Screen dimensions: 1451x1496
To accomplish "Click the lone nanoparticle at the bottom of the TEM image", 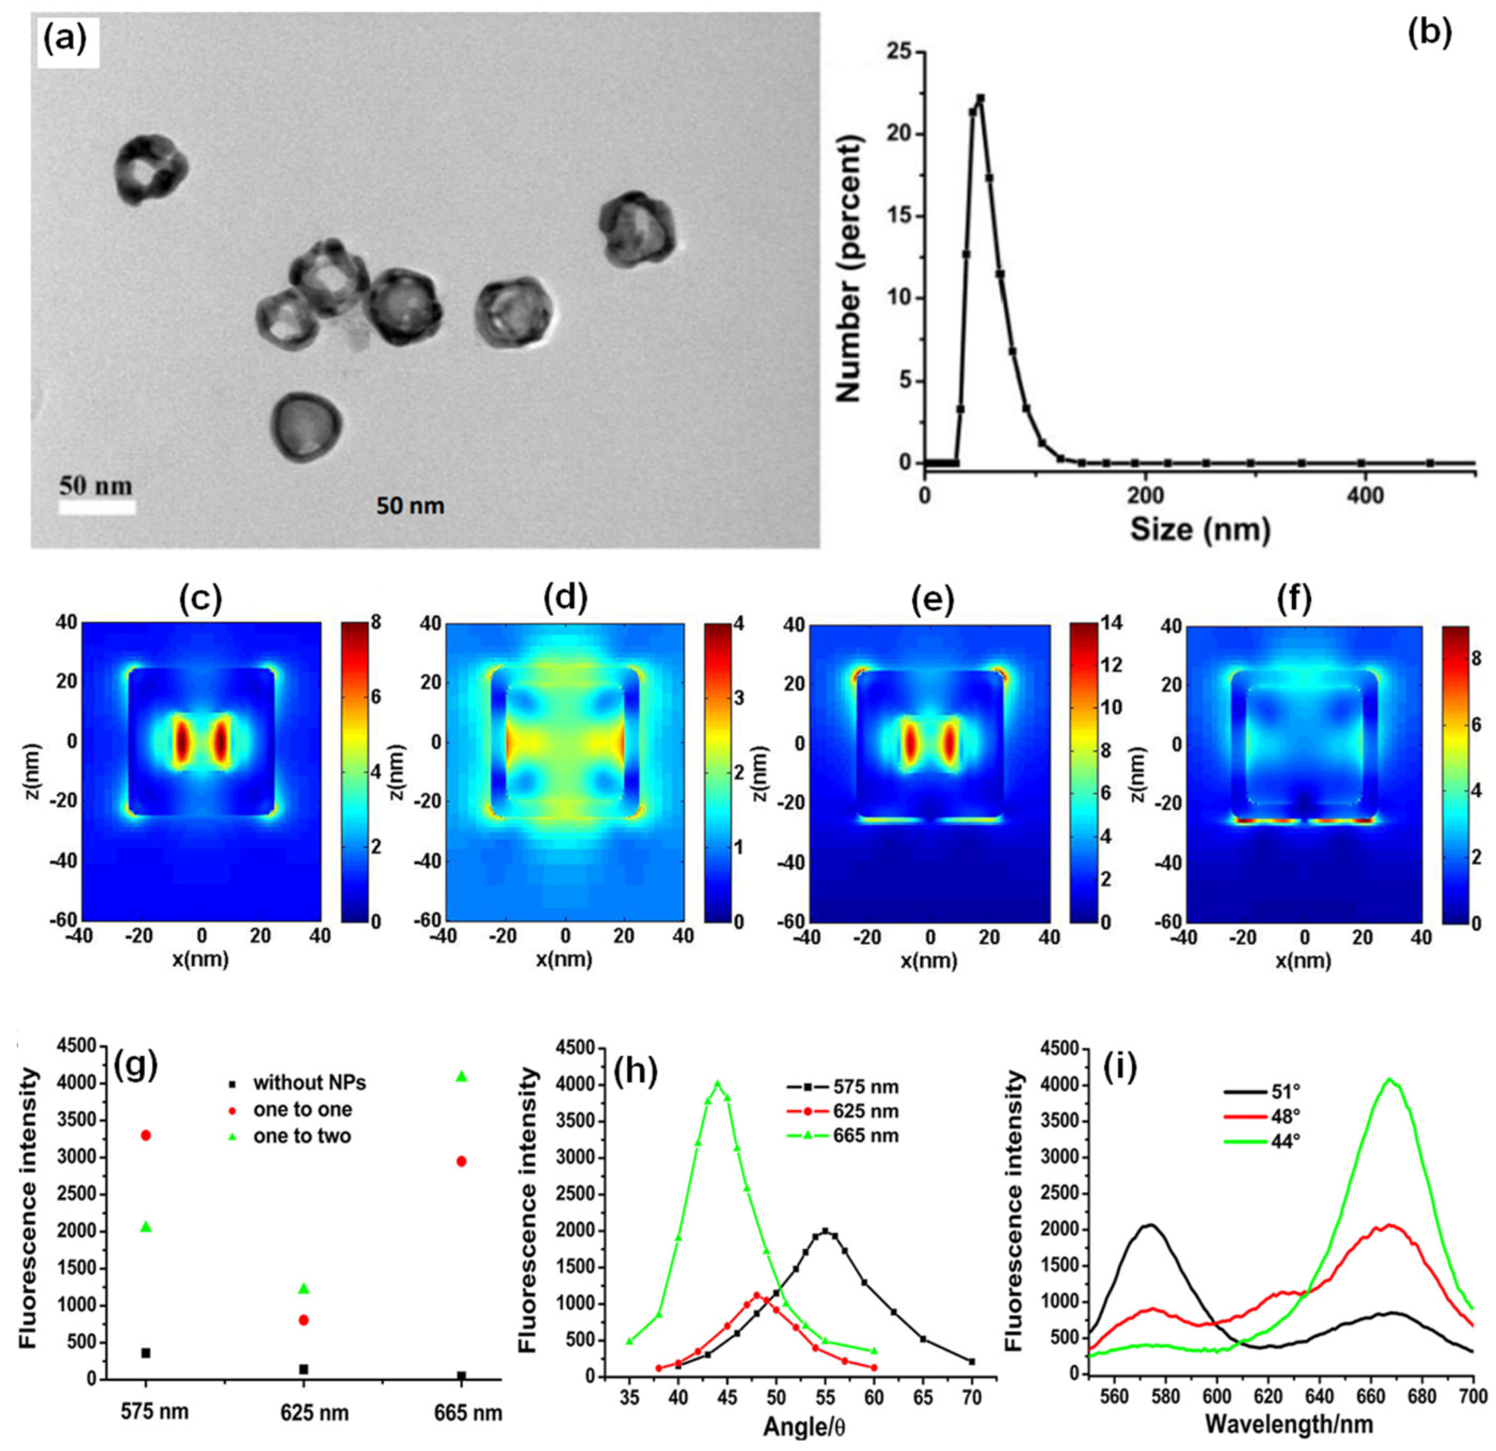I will click(306, 428).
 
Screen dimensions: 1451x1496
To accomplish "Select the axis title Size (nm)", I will click(1200, 529).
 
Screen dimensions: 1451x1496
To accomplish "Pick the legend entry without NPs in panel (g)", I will click(309, 1082).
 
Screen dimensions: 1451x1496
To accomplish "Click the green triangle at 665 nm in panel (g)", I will click(461, 1077).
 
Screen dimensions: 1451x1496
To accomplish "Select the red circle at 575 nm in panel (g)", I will click(146, 1136).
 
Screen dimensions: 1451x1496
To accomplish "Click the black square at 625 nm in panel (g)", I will click(304, 1369).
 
